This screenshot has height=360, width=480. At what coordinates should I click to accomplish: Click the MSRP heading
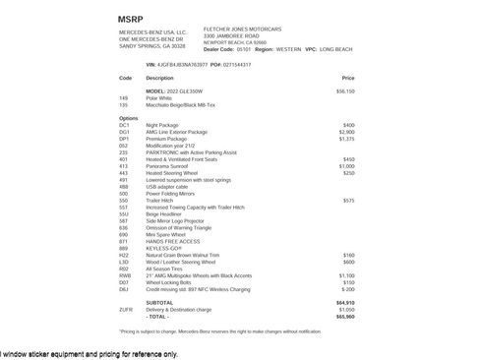coord(132,19)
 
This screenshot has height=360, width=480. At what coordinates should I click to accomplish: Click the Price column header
coord(348,77)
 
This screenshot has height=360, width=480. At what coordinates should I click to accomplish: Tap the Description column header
coord(159,77)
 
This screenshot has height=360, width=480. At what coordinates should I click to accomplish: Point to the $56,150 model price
coord(345,90)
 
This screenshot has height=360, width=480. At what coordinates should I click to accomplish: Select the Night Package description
coord(165,126)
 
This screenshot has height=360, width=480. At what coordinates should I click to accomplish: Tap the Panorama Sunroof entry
coord(169,166)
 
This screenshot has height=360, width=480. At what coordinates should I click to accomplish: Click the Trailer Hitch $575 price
coord(348,201)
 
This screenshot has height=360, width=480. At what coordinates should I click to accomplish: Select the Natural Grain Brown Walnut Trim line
coord(188,255)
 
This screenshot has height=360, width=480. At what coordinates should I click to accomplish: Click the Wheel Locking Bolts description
coord(171,282)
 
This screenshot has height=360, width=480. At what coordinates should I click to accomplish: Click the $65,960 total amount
coord(345,317)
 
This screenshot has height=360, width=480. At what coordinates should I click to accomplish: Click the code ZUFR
coord(124,310)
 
